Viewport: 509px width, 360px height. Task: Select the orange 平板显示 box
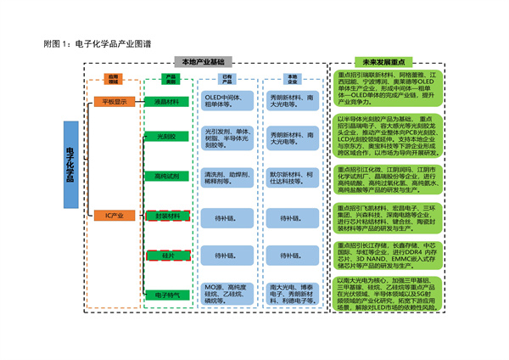tap(115, 102)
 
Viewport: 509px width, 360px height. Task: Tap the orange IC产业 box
tap(115, 217)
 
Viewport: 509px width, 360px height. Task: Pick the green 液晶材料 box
tap(161, 102)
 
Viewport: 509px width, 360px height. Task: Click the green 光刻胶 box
tap(161, 137)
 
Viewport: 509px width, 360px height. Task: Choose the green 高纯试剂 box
tap(161, 176)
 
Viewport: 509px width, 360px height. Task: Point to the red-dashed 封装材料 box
tap(161, 217)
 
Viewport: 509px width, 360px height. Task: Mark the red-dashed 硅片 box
tap(161, 255)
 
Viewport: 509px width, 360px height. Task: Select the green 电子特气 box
tap(161, 295)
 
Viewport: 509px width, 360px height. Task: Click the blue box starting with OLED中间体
tap(226, 102)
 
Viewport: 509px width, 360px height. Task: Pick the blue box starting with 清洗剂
tap(226, 176)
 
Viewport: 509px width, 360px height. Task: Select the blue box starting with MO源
tap(226, 295)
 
